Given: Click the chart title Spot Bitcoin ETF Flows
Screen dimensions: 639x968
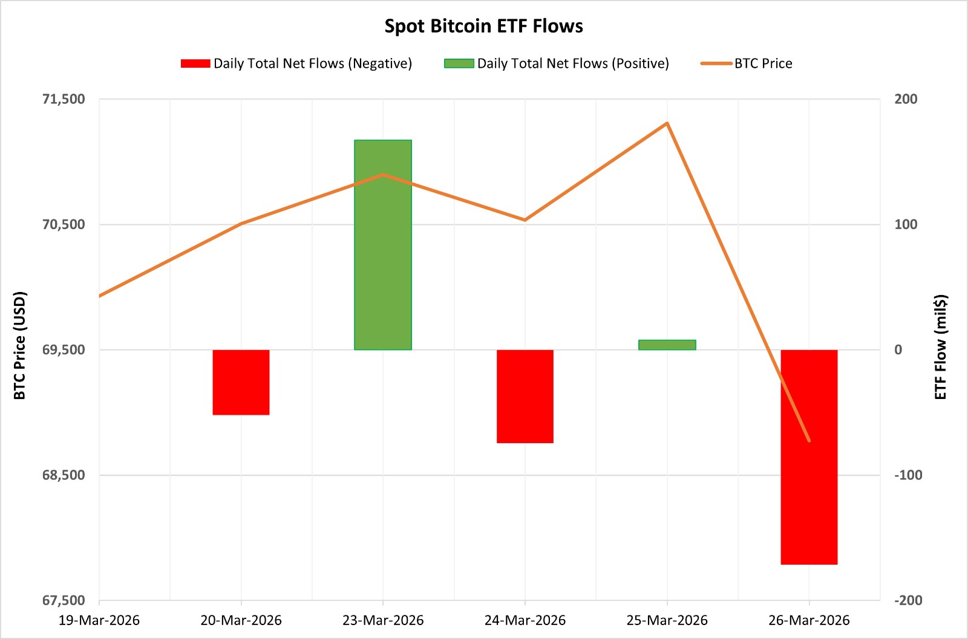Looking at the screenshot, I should tap(484, 26).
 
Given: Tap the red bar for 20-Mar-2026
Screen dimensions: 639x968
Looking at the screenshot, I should tap(241, 382).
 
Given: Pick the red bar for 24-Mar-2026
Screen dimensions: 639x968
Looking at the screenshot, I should tap(525, 396).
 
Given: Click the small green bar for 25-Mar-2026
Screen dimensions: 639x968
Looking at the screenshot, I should tap(667, 345).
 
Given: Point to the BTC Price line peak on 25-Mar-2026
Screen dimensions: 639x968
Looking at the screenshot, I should tap(667, 123).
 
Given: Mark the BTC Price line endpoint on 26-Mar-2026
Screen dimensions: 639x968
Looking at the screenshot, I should tap(809, 441).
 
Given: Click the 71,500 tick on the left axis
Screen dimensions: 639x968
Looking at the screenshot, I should tap(64, 99).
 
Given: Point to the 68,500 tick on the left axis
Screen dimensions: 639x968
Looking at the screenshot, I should tap(64, 475).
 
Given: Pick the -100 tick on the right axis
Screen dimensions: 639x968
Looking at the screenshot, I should tap(908, 475).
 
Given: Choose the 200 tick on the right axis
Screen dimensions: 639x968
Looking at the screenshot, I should tap(906, 99).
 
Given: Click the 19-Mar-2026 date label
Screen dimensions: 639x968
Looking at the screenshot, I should tap(99, 620).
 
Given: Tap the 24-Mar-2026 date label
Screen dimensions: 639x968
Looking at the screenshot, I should tap(525, 620).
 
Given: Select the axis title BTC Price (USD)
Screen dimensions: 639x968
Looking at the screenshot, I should tap(20, 345).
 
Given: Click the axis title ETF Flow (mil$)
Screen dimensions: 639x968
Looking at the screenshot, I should tap(940, 347).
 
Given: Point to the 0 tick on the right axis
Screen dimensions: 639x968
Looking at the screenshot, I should tap(898, 350).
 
